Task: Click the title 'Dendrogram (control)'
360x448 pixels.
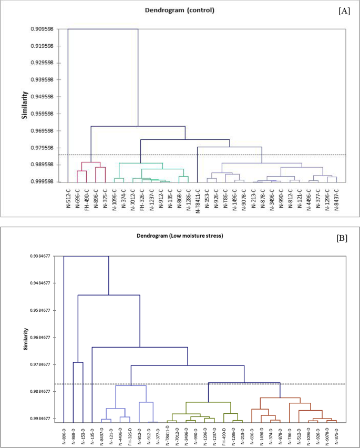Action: point(180,10)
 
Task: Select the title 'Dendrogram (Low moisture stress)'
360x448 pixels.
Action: point(180,236)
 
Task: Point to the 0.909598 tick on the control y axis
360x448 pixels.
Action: point(41,28)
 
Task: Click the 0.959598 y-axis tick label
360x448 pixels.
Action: point(41,114)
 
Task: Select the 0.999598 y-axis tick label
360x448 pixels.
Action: point(41,182)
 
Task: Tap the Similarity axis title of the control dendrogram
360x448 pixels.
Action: point(24,105)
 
